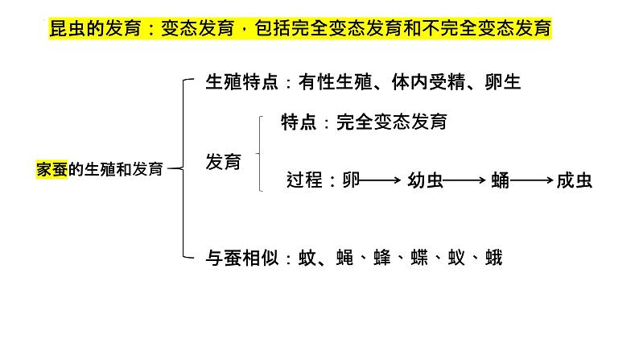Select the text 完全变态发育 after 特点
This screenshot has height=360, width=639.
pos(392,122)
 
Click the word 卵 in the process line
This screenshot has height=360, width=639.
pos(350,180)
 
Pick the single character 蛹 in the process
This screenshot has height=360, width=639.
pos(500,180)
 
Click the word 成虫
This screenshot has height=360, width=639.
pos(574,180)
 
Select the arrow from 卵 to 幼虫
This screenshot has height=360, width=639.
pos(380,180)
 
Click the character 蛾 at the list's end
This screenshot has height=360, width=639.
pos(493,259)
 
